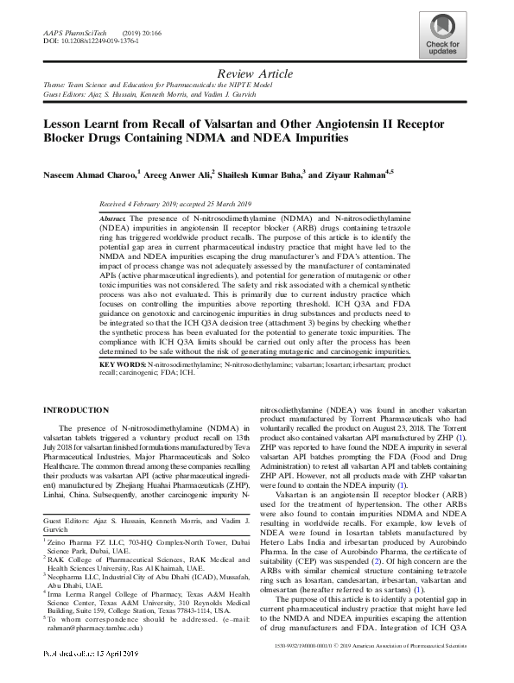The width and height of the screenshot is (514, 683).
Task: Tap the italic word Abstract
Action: click(114, 220)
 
